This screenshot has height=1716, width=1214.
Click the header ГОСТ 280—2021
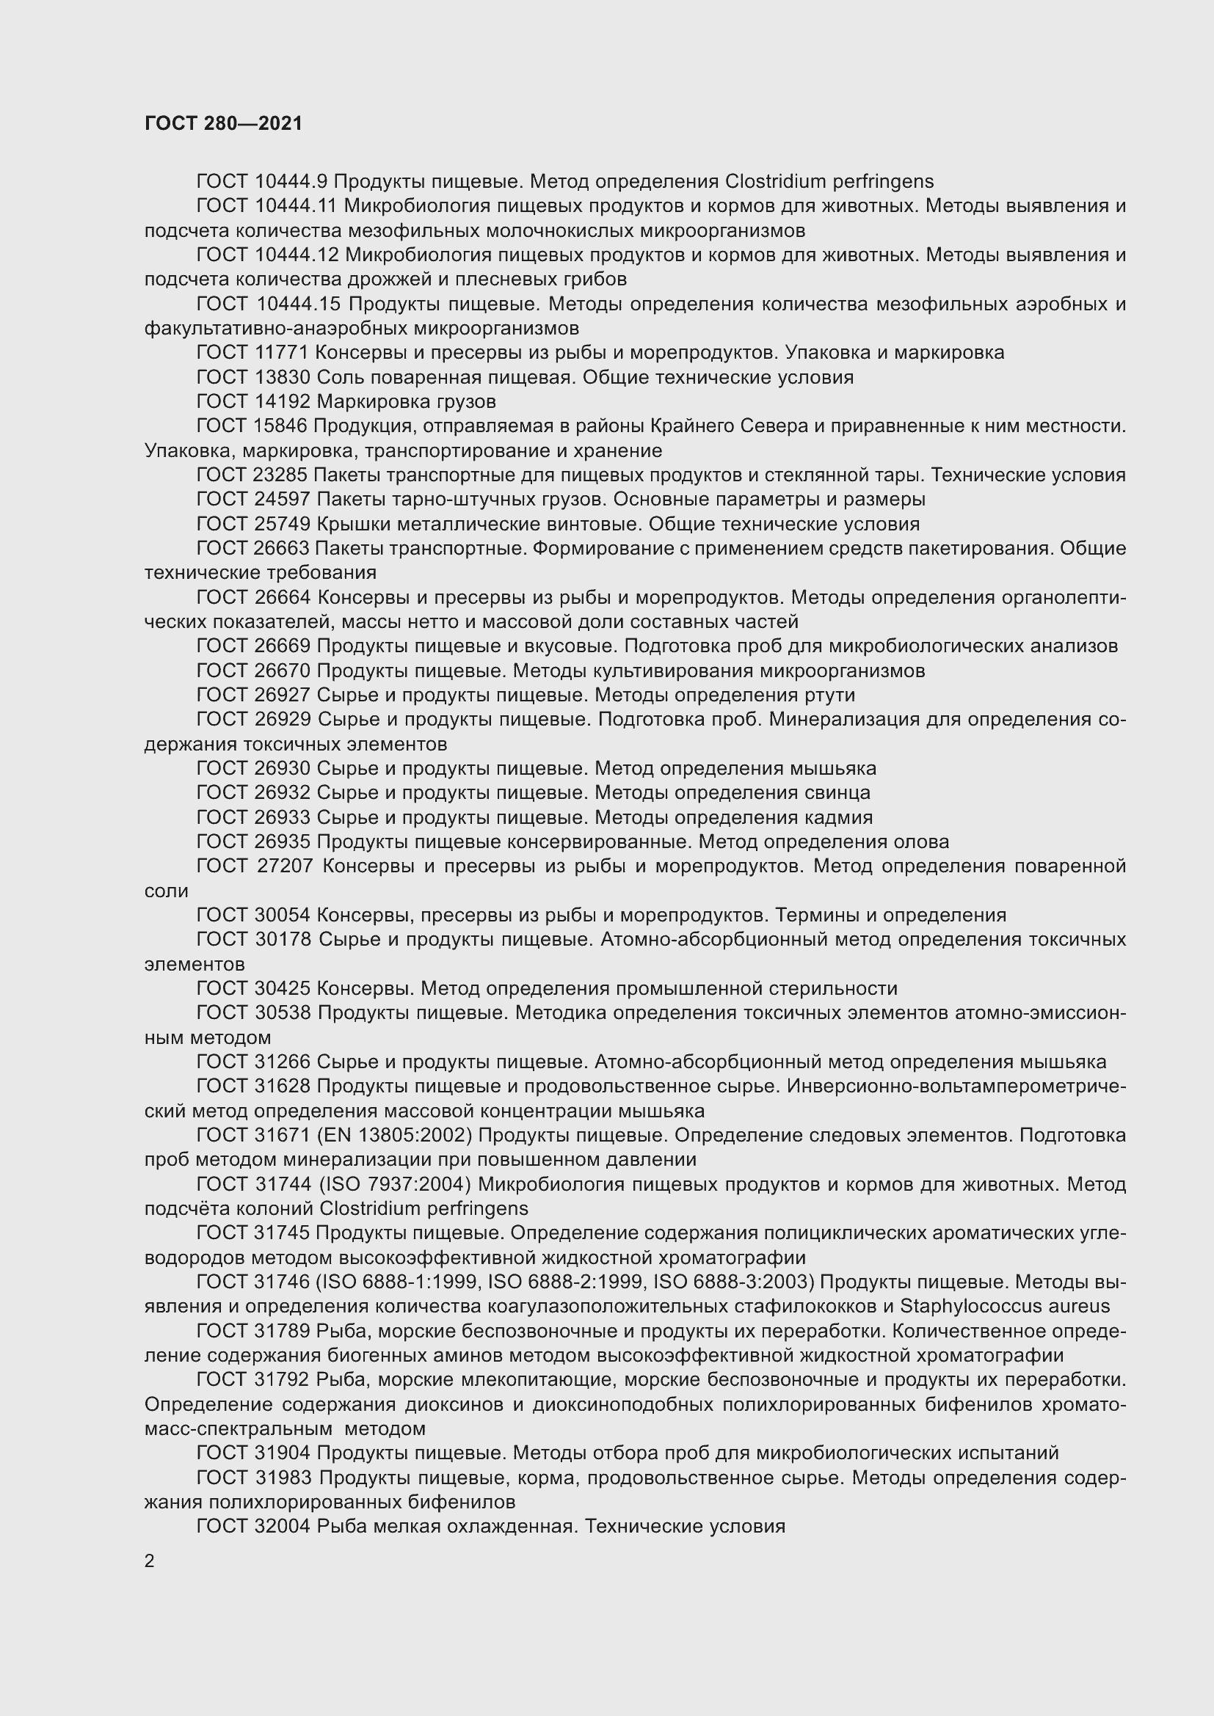(x=224, y=123)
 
